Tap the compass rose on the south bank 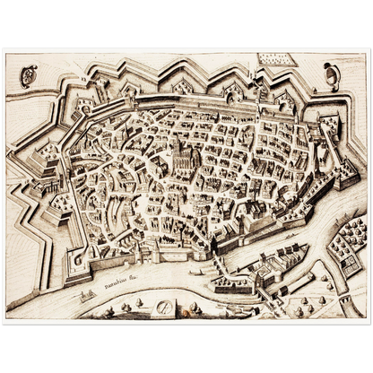coord(165,308)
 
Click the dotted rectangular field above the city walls coord(273,60)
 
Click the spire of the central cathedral coord(178,143)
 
